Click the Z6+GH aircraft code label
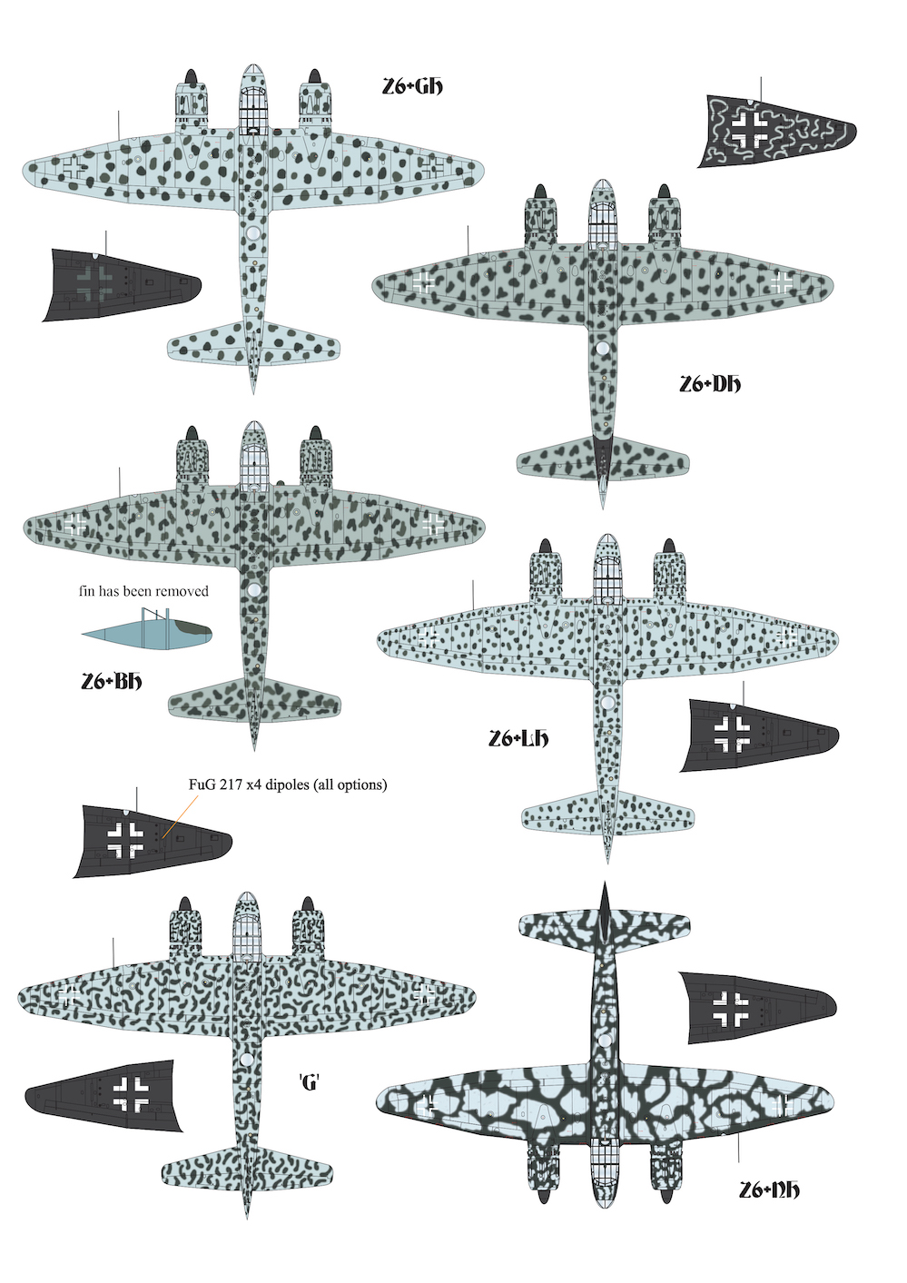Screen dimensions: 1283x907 click(412, 87)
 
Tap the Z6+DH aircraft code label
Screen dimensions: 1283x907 click(710, 384)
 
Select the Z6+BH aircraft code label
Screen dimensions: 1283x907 click(112, 681)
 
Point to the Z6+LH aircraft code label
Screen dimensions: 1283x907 click(518, 739)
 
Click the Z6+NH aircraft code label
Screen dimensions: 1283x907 click(770, 1189)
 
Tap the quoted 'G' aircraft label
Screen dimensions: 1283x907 click(310, 1081)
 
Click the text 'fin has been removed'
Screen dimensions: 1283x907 click(143, 591)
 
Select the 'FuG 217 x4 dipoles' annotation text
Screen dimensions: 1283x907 click(287, 785)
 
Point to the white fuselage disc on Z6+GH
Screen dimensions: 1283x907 click(253, 234)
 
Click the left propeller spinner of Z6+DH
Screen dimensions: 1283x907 click(538, 192)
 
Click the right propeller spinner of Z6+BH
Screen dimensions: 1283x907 click(316, 433)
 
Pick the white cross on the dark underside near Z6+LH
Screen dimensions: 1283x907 click(732, 735)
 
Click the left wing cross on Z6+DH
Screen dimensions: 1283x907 click(423, 281)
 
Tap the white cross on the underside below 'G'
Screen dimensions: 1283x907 click(131, 1092)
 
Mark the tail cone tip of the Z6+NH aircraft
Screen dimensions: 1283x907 click(604, 886)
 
